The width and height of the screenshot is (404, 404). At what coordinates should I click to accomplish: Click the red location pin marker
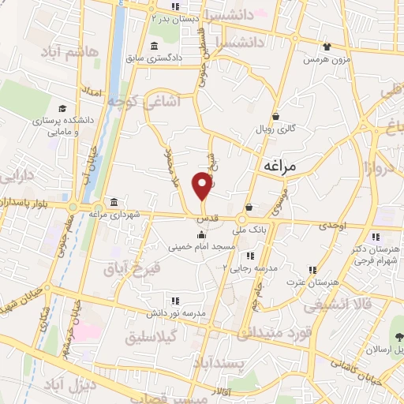tap(203, 187)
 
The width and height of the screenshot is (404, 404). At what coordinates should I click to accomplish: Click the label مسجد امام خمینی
tap(201, 246)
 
